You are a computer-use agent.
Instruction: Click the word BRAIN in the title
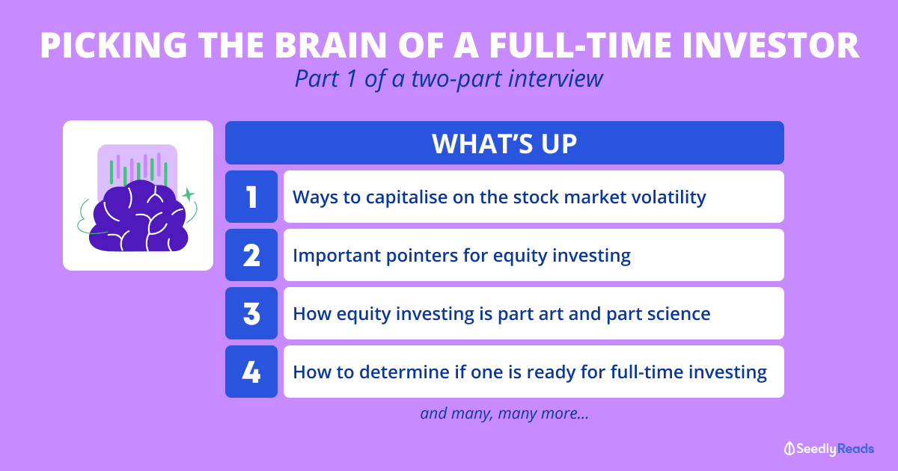[330, 45]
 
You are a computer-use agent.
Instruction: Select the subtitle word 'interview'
[555, 79]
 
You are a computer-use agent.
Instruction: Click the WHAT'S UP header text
[504, 144]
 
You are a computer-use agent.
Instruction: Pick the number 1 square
[251, 197]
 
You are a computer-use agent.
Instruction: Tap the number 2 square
[251, 255]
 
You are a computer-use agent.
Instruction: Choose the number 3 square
[251, 313]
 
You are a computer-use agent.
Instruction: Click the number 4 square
[251, 372]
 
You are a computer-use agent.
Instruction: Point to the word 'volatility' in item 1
[669, 197]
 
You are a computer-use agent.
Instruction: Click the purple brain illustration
[138, 216]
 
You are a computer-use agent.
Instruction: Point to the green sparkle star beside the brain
[188, 194]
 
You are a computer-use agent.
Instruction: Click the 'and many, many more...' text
[504, 413]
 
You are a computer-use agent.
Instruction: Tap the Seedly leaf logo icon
[789, 449]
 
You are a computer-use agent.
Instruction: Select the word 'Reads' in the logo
[855, 449]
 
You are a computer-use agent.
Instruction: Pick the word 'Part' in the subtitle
[317, 79]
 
